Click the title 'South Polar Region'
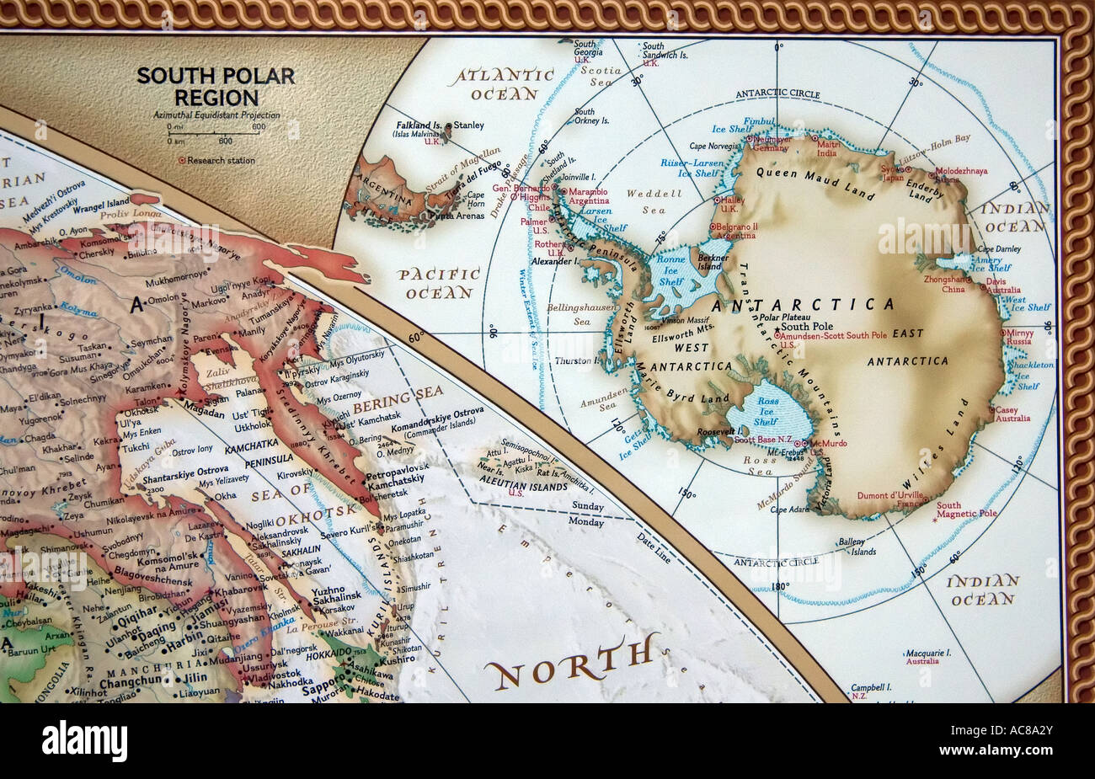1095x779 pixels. coord(216,86)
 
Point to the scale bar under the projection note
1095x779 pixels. coord(216,132)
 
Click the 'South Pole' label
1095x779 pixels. coord(806,326)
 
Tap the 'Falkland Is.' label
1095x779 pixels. coord(419,125)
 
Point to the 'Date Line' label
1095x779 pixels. coord(653,536)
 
